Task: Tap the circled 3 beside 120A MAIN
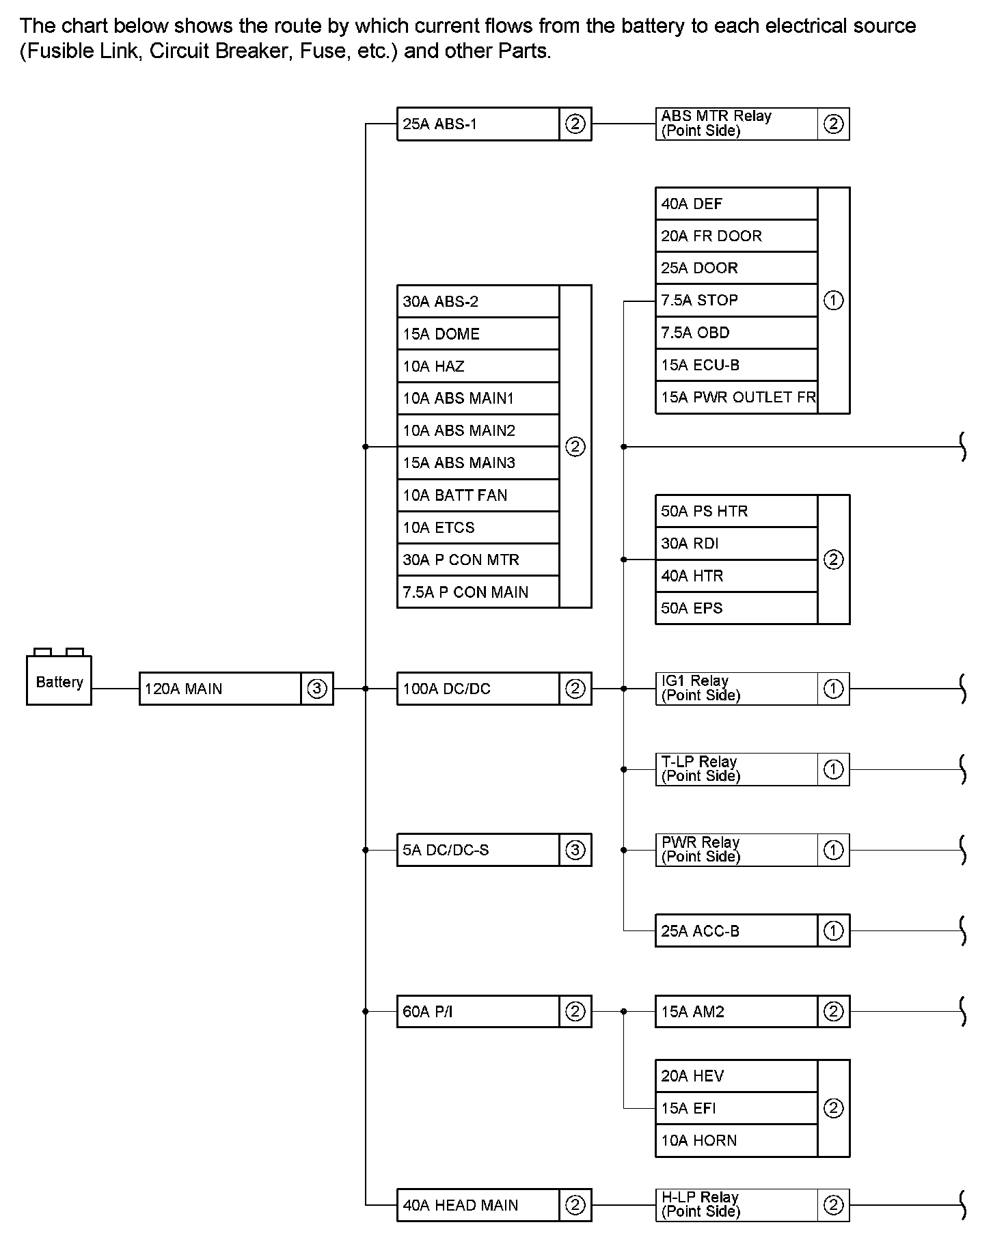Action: point(316,689)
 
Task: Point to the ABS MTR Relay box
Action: point(736,124)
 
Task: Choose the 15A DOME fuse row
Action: point(478,334)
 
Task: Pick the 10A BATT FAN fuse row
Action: point(478,495)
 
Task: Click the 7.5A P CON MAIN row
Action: point(478,592)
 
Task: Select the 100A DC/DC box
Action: point(478,689)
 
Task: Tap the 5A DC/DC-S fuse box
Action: point(478,850)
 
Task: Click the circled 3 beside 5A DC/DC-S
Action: point(575,850)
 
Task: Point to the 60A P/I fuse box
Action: point(478,1012)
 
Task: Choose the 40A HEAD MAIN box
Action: point(478,1205)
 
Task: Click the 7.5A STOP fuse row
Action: point(736,301)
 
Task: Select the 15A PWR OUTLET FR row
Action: point(736,398)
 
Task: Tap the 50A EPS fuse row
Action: point(736,608)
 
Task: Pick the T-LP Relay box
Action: point(736,769)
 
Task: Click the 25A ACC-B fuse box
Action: point(736,930)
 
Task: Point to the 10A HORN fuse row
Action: point(736,1140)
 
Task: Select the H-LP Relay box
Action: point(736,1205)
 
